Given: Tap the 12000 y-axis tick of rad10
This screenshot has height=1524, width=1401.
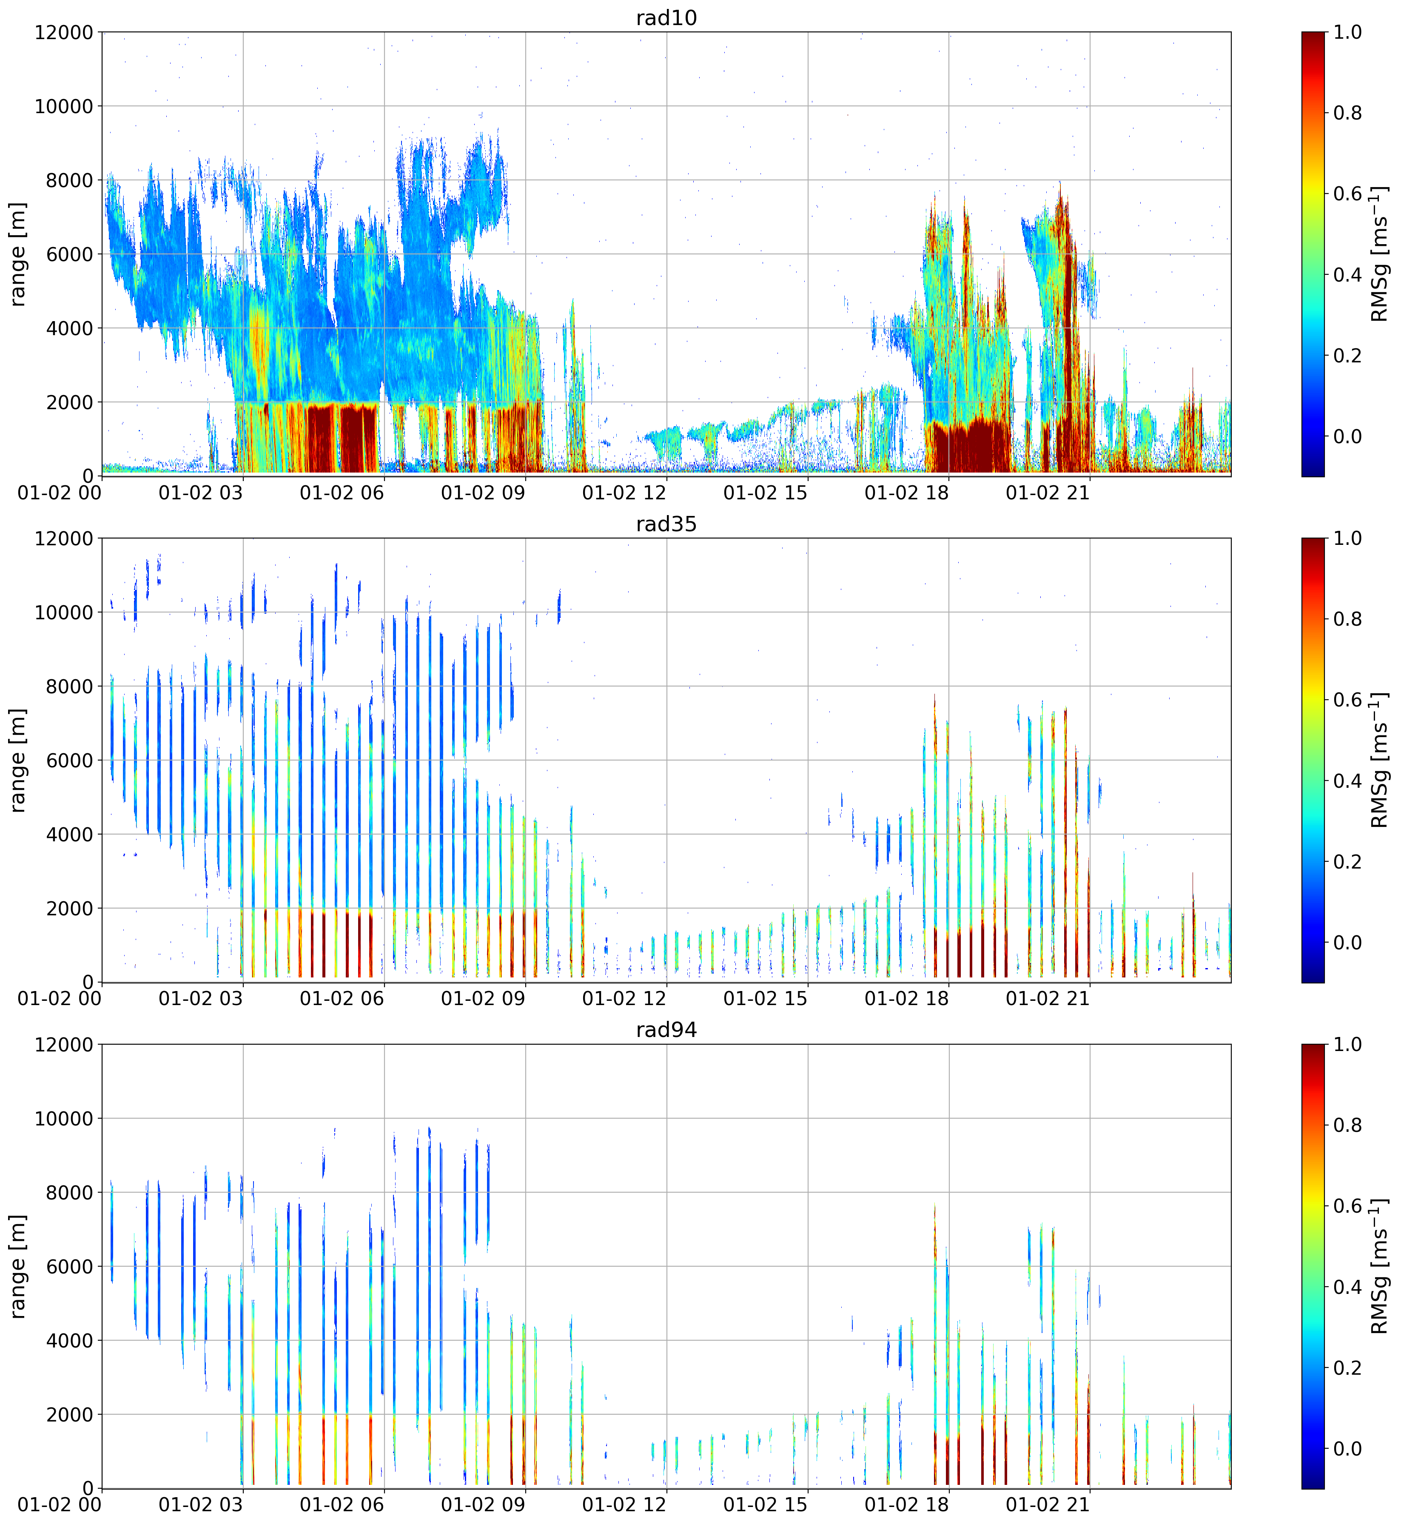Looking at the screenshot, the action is pos(64,33).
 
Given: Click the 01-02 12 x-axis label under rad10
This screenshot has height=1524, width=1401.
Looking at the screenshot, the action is pos(624,493).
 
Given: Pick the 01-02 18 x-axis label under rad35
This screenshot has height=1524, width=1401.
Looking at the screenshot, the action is pos(907,999).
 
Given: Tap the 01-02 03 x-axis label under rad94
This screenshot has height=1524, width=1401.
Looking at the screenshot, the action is pos(201,1505).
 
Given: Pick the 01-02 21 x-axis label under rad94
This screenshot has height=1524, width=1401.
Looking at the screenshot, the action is pos(1048,1505).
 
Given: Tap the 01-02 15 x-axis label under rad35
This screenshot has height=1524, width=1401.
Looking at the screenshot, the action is pos(766,999).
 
